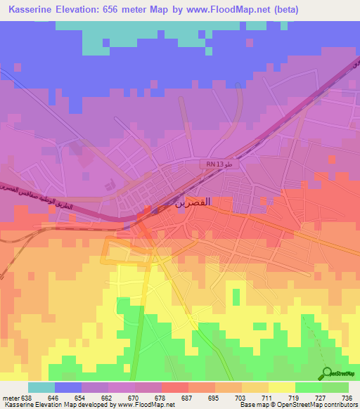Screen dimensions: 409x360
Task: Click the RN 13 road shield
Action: pyautogui.click(x=215, y=163)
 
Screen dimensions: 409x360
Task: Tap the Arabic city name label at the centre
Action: pyautogui.click(x=192, y=202)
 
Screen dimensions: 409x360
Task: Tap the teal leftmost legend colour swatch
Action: pyautogui.click(x=41, y=387)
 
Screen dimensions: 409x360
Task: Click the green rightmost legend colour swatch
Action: pyautogui.click(x=335, y=387)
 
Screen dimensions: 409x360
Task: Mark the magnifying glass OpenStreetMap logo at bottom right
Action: pyautogui.click(x=326, y=373)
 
